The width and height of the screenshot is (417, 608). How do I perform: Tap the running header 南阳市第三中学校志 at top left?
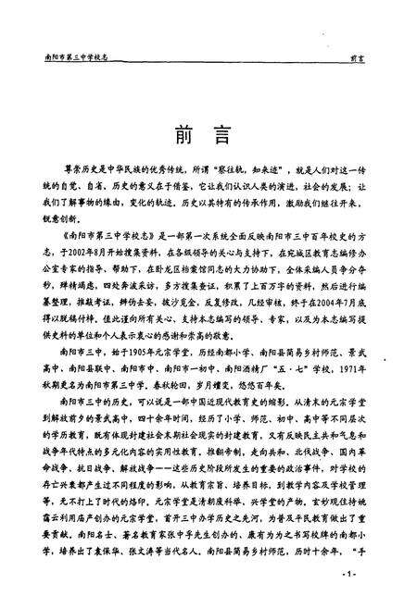(x=69, y=56)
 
